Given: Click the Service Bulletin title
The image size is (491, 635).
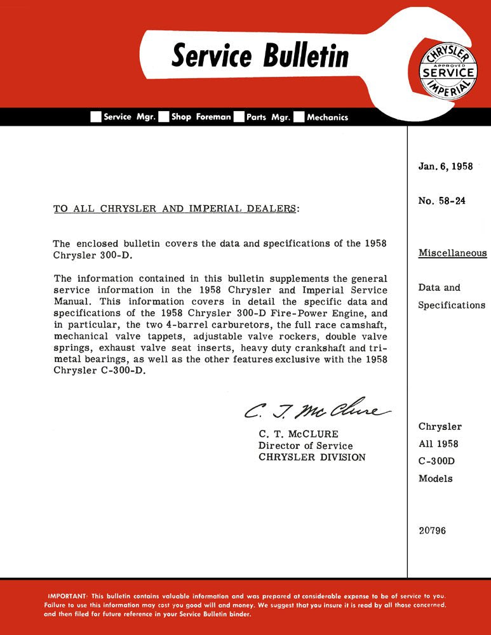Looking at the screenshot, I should click(x=260, y=56).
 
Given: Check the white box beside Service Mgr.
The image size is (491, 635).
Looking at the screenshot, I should click(x=96, y=117).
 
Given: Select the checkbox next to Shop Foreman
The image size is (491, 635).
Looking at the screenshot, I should click(x=163, y=117).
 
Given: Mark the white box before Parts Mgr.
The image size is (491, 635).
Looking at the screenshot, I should click(x=239, y=117).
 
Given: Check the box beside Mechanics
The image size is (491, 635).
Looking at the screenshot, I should click(x=299, y=117).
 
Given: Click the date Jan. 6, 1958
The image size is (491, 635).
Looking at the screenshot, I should click(x=445, y=166).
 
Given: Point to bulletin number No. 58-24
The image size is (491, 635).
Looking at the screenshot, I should click(x=441, y=201).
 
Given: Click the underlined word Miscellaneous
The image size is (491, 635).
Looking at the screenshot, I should click(x=452, y=253).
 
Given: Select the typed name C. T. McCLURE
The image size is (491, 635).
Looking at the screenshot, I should click(x=295, y=434).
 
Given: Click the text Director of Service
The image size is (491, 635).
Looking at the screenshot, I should click(x=306, y=446).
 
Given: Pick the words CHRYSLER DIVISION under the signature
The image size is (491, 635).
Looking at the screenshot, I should click(x=312, y=457).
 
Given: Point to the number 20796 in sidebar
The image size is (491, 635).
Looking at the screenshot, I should click(x=432, y=530).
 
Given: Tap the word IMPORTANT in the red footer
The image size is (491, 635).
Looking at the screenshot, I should click(x=68, y=596).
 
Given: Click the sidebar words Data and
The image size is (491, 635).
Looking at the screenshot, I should click(x=439, y=288).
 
